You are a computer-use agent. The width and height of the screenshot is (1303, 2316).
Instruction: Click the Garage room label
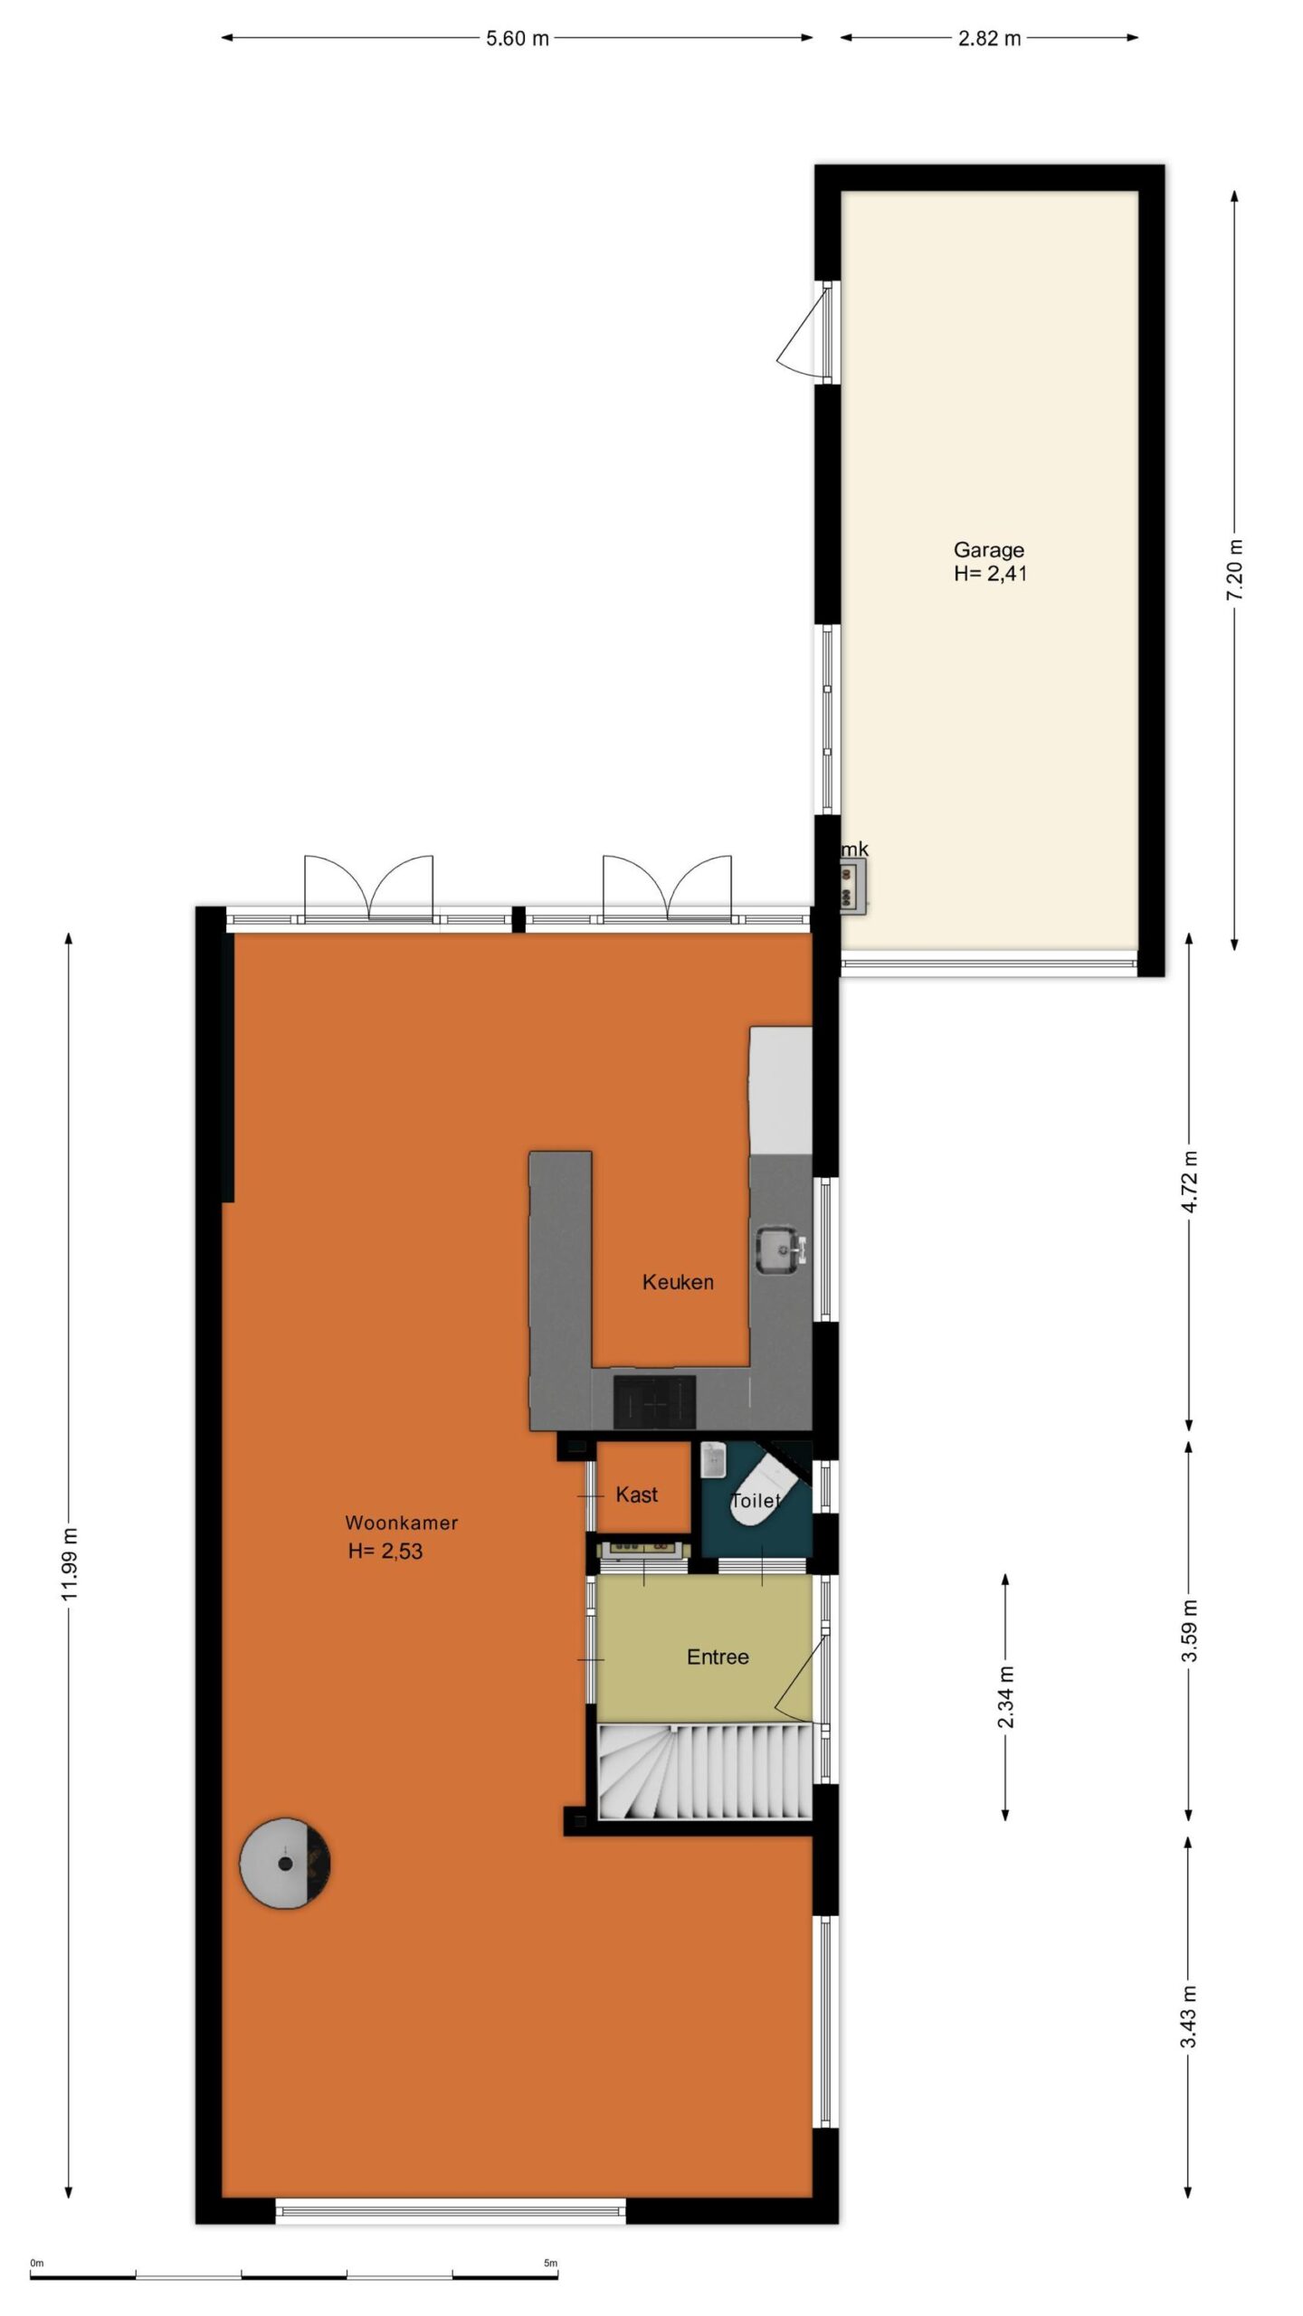(988, 549)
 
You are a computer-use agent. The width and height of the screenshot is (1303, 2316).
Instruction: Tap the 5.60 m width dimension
(518, 39)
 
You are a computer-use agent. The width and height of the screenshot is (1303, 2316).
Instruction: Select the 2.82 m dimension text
(990, 39)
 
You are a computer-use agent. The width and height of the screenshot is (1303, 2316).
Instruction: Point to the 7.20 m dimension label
(1235, 567)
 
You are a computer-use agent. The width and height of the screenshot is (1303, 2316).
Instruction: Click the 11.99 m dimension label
(70, 1562)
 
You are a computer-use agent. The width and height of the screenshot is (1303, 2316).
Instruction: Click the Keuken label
(678, 1282)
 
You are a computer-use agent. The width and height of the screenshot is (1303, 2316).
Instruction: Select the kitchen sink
(779, 1248)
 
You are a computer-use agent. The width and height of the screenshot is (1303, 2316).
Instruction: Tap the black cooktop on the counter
(655, 1400)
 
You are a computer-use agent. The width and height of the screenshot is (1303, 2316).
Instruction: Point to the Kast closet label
(636, 1495)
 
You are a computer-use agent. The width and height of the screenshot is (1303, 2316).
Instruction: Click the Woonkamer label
(402, 1523)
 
